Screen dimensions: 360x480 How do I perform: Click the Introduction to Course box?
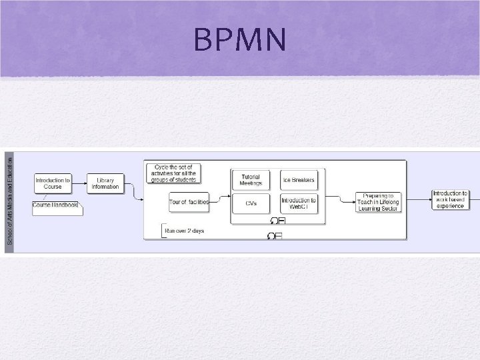53,183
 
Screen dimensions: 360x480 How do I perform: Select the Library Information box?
105,183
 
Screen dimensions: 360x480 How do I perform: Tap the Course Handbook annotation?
56,205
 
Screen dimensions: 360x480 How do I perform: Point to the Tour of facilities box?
189,201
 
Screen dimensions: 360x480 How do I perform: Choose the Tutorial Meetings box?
251,180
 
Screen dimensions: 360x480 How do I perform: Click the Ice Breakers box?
299,180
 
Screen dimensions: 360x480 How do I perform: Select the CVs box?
251,202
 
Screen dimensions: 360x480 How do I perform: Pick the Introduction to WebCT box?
299,202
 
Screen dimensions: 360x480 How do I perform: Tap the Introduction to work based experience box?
451,199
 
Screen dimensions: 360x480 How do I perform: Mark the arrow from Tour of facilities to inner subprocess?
220,198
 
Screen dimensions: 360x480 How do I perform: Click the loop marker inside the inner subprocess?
278,221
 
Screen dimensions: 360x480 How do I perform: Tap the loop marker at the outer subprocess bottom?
274,236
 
